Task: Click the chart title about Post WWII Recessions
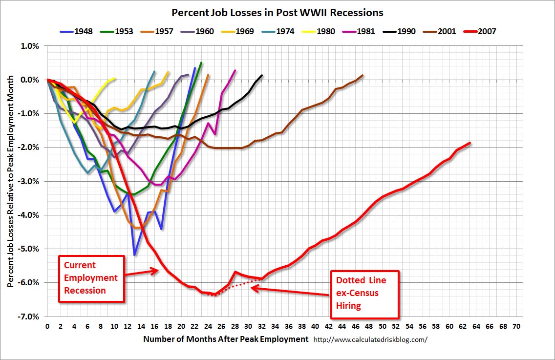coord(277,12)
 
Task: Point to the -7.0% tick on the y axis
coord(29,317)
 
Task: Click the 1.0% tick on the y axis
coord(30,46)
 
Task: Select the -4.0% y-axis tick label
coord(29,215)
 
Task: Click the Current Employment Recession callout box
coord(91,278)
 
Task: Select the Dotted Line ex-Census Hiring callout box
coord(365,293)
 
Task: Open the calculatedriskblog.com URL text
coord(370,339)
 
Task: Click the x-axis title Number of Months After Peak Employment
coord(226,339)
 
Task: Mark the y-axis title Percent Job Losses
coord(10,181)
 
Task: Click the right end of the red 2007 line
coord(470,143)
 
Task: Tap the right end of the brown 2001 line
coord(363,75)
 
